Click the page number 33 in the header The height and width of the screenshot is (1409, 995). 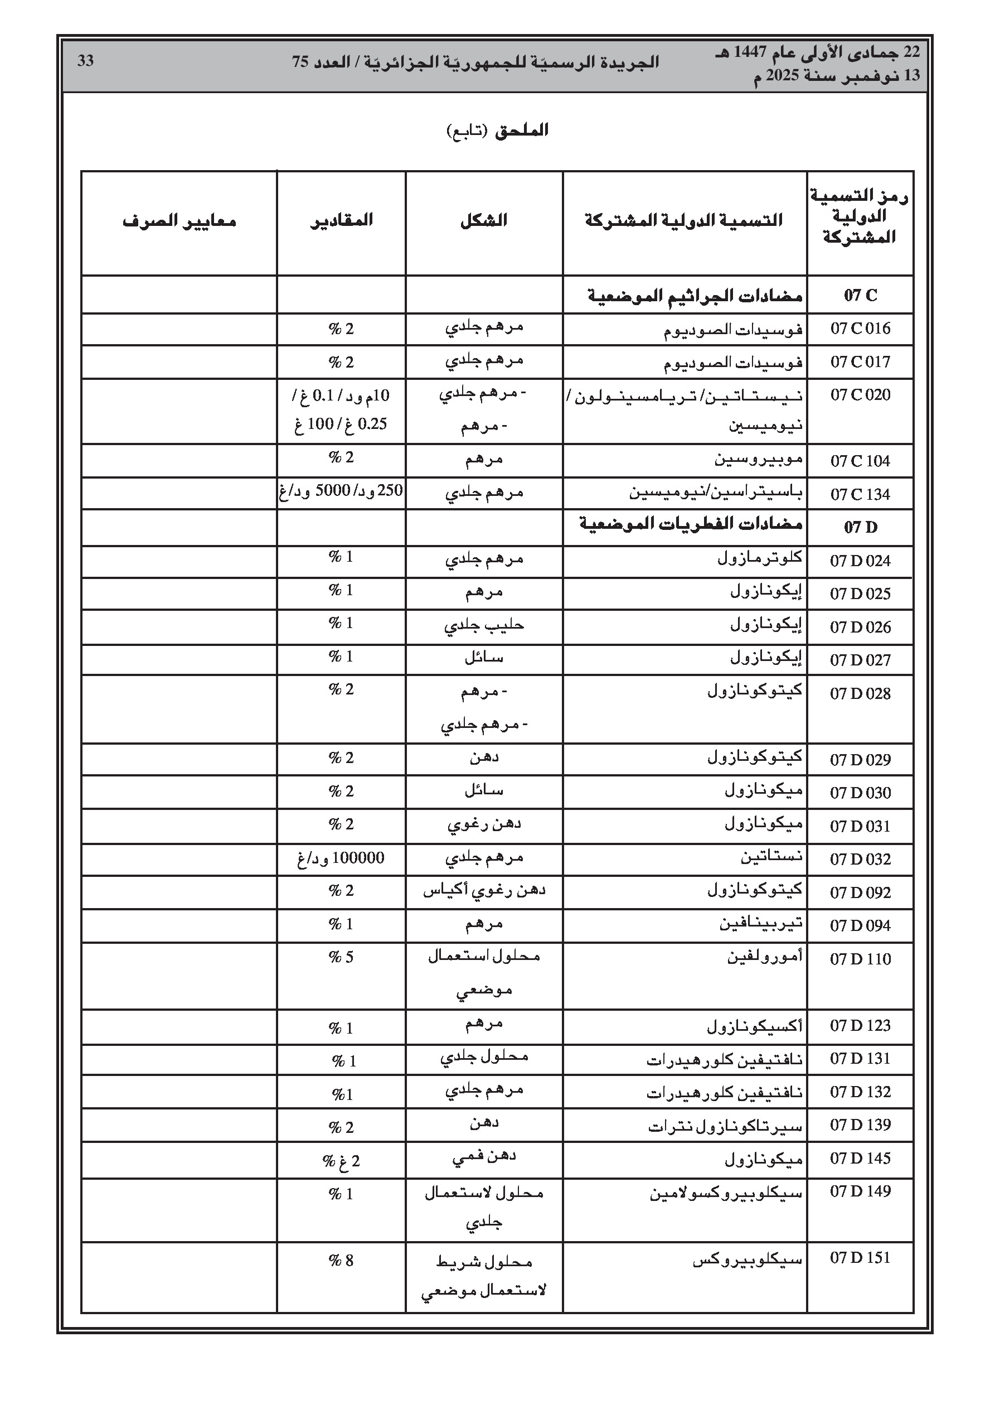(85, 61)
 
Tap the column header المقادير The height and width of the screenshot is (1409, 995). (341, 220)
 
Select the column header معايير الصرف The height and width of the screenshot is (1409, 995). (179, 221)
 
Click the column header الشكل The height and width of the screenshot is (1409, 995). (484, 220)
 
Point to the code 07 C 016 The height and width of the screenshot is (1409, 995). (860, 329)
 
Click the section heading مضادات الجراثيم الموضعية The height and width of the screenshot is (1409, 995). (696, 296)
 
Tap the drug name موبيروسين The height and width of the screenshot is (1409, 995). (759, 460)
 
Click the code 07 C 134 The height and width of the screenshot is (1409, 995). (860, 494)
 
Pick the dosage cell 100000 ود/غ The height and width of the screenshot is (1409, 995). (341, 858)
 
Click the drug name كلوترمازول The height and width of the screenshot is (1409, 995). (760, 558)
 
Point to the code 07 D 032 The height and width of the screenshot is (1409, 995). (860, 859)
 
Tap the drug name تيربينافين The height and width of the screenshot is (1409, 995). (761, 924)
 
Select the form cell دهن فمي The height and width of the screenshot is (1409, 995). (484, 1157)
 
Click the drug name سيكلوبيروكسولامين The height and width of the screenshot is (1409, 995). (726, 1194)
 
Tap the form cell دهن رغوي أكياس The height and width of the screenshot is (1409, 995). (484, 890)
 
